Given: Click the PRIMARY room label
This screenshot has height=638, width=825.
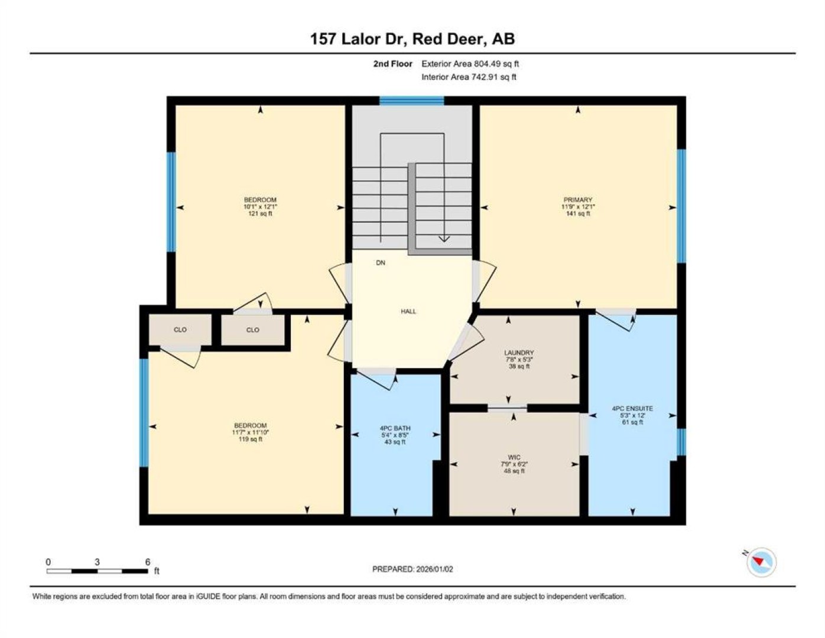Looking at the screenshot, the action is point(577,200).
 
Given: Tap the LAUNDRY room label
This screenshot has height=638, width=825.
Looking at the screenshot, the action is point(519,352).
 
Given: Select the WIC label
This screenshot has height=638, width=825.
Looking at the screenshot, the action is point(514,457).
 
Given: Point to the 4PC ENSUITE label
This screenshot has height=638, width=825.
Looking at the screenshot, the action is point(632,408).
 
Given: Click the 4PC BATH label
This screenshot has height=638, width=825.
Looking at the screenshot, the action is point(395,428).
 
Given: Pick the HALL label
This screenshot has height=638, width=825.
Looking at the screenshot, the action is point(408,311).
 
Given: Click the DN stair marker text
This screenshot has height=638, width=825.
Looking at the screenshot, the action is point(381,263).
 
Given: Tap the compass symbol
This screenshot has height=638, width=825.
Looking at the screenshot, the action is point(761,562).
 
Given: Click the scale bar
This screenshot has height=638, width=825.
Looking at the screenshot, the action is point(97,571).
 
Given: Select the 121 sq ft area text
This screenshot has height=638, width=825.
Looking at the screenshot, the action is point(260,213).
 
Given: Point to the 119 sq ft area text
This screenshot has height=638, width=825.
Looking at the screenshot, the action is point(250,439).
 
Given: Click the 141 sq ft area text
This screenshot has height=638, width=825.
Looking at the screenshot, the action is point(577,213).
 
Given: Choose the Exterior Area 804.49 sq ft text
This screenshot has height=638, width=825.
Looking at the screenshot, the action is point(470,64).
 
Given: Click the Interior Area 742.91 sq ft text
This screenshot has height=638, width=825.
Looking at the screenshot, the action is point(469,77).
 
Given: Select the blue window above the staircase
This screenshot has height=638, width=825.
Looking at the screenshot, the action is point(412,101).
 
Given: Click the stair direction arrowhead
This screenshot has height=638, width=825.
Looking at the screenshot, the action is point(444,239).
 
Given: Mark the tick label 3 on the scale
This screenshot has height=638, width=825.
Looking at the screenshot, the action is point(97,562).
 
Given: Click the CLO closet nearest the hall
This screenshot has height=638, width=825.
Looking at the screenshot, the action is point(253,330).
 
